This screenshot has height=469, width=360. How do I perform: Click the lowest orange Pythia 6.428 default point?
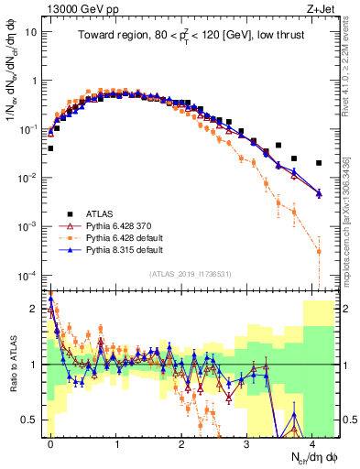(x=319, y=251)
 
